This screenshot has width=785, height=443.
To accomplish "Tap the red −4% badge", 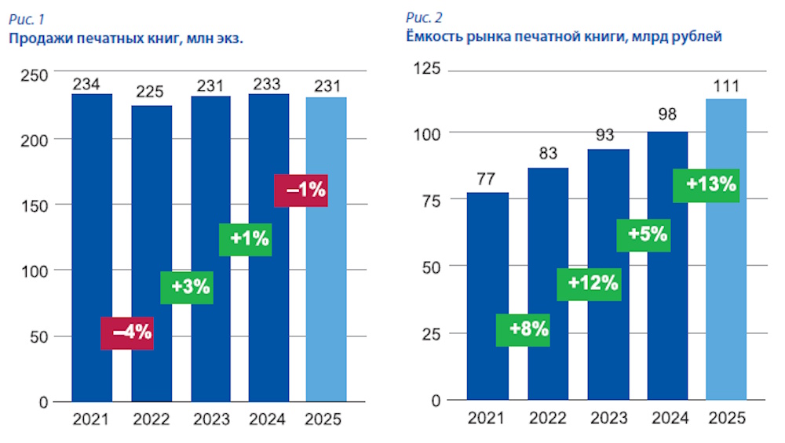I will (x=126, y=333).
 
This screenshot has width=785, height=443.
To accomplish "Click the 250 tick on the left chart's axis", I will (x=38, y=74).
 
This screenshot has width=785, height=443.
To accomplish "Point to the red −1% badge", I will (x=301, y=191).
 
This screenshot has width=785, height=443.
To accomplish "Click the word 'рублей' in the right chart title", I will (x=696, y=37).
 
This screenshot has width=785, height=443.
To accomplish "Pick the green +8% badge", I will (x=523, y=329).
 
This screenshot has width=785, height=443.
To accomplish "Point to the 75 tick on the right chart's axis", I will (x=433, y=200).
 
